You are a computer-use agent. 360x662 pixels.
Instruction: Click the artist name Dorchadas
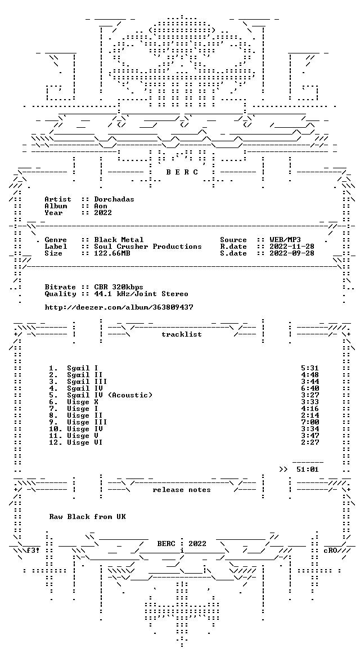pos(114,199)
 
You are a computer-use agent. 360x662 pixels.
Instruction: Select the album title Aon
pos(101,206)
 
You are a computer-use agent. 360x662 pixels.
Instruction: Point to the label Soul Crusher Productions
pos(148,247)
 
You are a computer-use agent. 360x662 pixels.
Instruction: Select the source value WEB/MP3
pos(285,240)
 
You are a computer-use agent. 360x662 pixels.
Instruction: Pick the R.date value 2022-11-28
pos(292,247)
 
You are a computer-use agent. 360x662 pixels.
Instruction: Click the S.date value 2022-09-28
pos(292,253)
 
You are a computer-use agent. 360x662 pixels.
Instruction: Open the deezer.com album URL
pos(119,307)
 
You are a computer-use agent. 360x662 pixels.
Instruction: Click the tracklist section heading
pos(182,334)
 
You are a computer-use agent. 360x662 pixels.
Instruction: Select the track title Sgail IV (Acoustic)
pos(110,395)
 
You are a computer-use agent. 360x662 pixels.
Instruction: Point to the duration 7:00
pos(310,422)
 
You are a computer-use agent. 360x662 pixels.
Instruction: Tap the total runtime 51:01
pos(308,469)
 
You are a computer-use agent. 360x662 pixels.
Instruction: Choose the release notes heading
pos(182,490)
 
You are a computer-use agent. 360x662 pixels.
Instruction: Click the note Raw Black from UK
pos(87,517)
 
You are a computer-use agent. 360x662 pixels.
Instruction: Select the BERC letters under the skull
pos(182,172)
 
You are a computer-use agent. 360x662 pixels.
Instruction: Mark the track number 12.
pos(56,442)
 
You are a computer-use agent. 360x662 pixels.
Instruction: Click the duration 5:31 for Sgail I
pos(310,368)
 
